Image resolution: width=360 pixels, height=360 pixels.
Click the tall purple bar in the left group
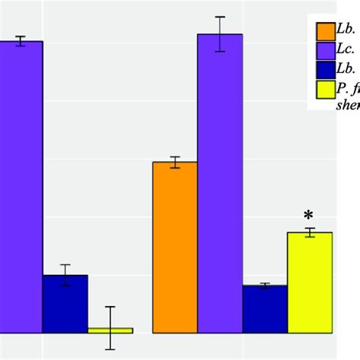coord(21,186)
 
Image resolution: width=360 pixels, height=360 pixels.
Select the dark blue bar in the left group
coord(65,304)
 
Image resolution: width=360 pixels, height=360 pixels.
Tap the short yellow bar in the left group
coord(110,330)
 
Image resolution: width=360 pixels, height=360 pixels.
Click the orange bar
coord(175,247)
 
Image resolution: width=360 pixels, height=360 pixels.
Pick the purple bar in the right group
coord(220,182)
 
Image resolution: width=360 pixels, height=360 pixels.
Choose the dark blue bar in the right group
coord(265,308)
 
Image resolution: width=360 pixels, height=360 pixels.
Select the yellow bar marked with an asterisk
coord(310,282)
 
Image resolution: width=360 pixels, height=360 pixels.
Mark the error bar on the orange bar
coord(175,162)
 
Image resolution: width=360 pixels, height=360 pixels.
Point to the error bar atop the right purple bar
coord(220,34)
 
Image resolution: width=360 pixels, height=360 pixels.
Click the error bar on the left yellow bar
coord(110,327)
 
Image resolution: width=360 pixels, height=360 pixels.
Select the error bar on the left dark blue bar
coord(65,275)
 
